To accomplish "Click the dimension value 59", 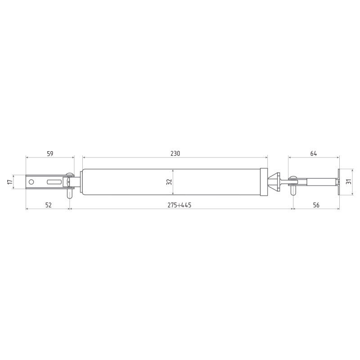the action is [x=50, y=153].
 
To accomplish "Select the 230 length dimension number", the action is [x=175, y=153].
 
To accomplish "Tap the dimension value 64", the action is [x=314, y=153].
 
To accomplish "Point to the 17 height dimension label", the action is [x=10, y=182].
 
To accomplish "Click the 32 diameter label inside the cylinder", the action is [x=169, y=182].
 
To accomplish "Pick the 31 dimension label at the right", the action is [x=349, y=181].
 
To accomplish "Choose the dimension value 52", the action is [x=49, y=205].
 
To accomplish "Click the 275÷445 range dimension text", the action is [x=179, y=205].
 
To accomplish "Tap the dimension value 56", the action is [x=316, y=205].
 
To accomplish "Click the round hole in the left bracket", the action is [x=31, y=182].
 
